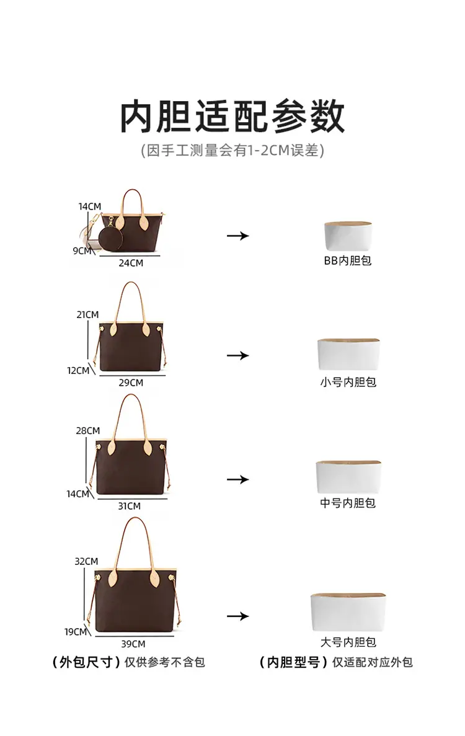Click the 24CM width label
pos(131,264)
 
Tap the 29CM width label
pos(131,383)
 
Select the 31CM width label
pos(129,507)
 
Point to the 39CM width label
pos(133,644)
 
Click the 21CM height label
pos(88,315)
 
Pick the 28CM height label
pos(88,431)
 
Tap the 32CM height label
pos(86,561)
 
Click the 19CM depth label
pos(76,632)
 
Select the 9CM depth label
pos(82,251)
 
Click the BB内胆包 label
pos(348,261)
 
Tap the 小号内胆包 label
pos(348,383)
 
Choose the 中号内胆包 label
pos(348,503)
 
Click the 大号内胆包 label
pos(348,642)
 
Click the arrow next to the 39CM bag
pos(238,616)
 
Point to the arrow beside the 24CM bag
pos(238,236)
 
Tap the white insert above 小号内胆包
pos(348,354)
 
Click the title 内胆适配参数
pos(232,117)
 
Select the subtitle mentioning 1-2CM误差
pos(232,151)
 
